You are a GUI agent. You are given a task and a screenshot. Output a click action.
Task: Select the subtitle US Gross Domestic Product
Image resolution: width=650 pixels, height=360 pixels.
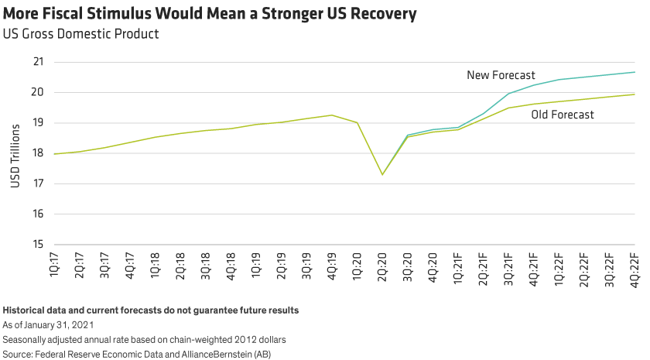point(80,34)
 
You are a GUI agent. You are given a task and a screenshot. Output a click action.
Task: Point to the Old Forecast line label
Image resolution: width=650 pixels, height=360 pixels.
point(563,115)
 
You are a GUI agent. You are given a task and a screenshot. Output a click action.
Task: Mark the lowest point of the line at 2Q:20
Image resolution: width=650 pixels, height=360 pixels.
point(382,174)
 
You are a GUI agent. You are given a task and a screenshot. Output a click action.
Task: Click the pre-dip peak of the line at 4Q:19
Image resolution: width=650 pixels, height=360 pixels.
point(332,115)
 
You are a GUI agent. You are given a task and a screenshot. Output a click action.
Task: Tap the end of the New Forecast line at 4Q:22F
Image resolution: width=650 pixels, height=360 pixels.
point(635,72)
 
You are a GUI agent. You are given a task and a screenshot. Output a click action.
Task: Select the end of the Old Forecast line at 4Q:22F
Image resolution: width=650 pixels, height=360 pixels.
point(635,94)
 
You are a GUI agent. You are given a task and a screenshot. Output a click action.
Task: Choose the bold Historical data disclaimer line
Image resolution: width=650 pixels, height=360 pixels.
point(151,310)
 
